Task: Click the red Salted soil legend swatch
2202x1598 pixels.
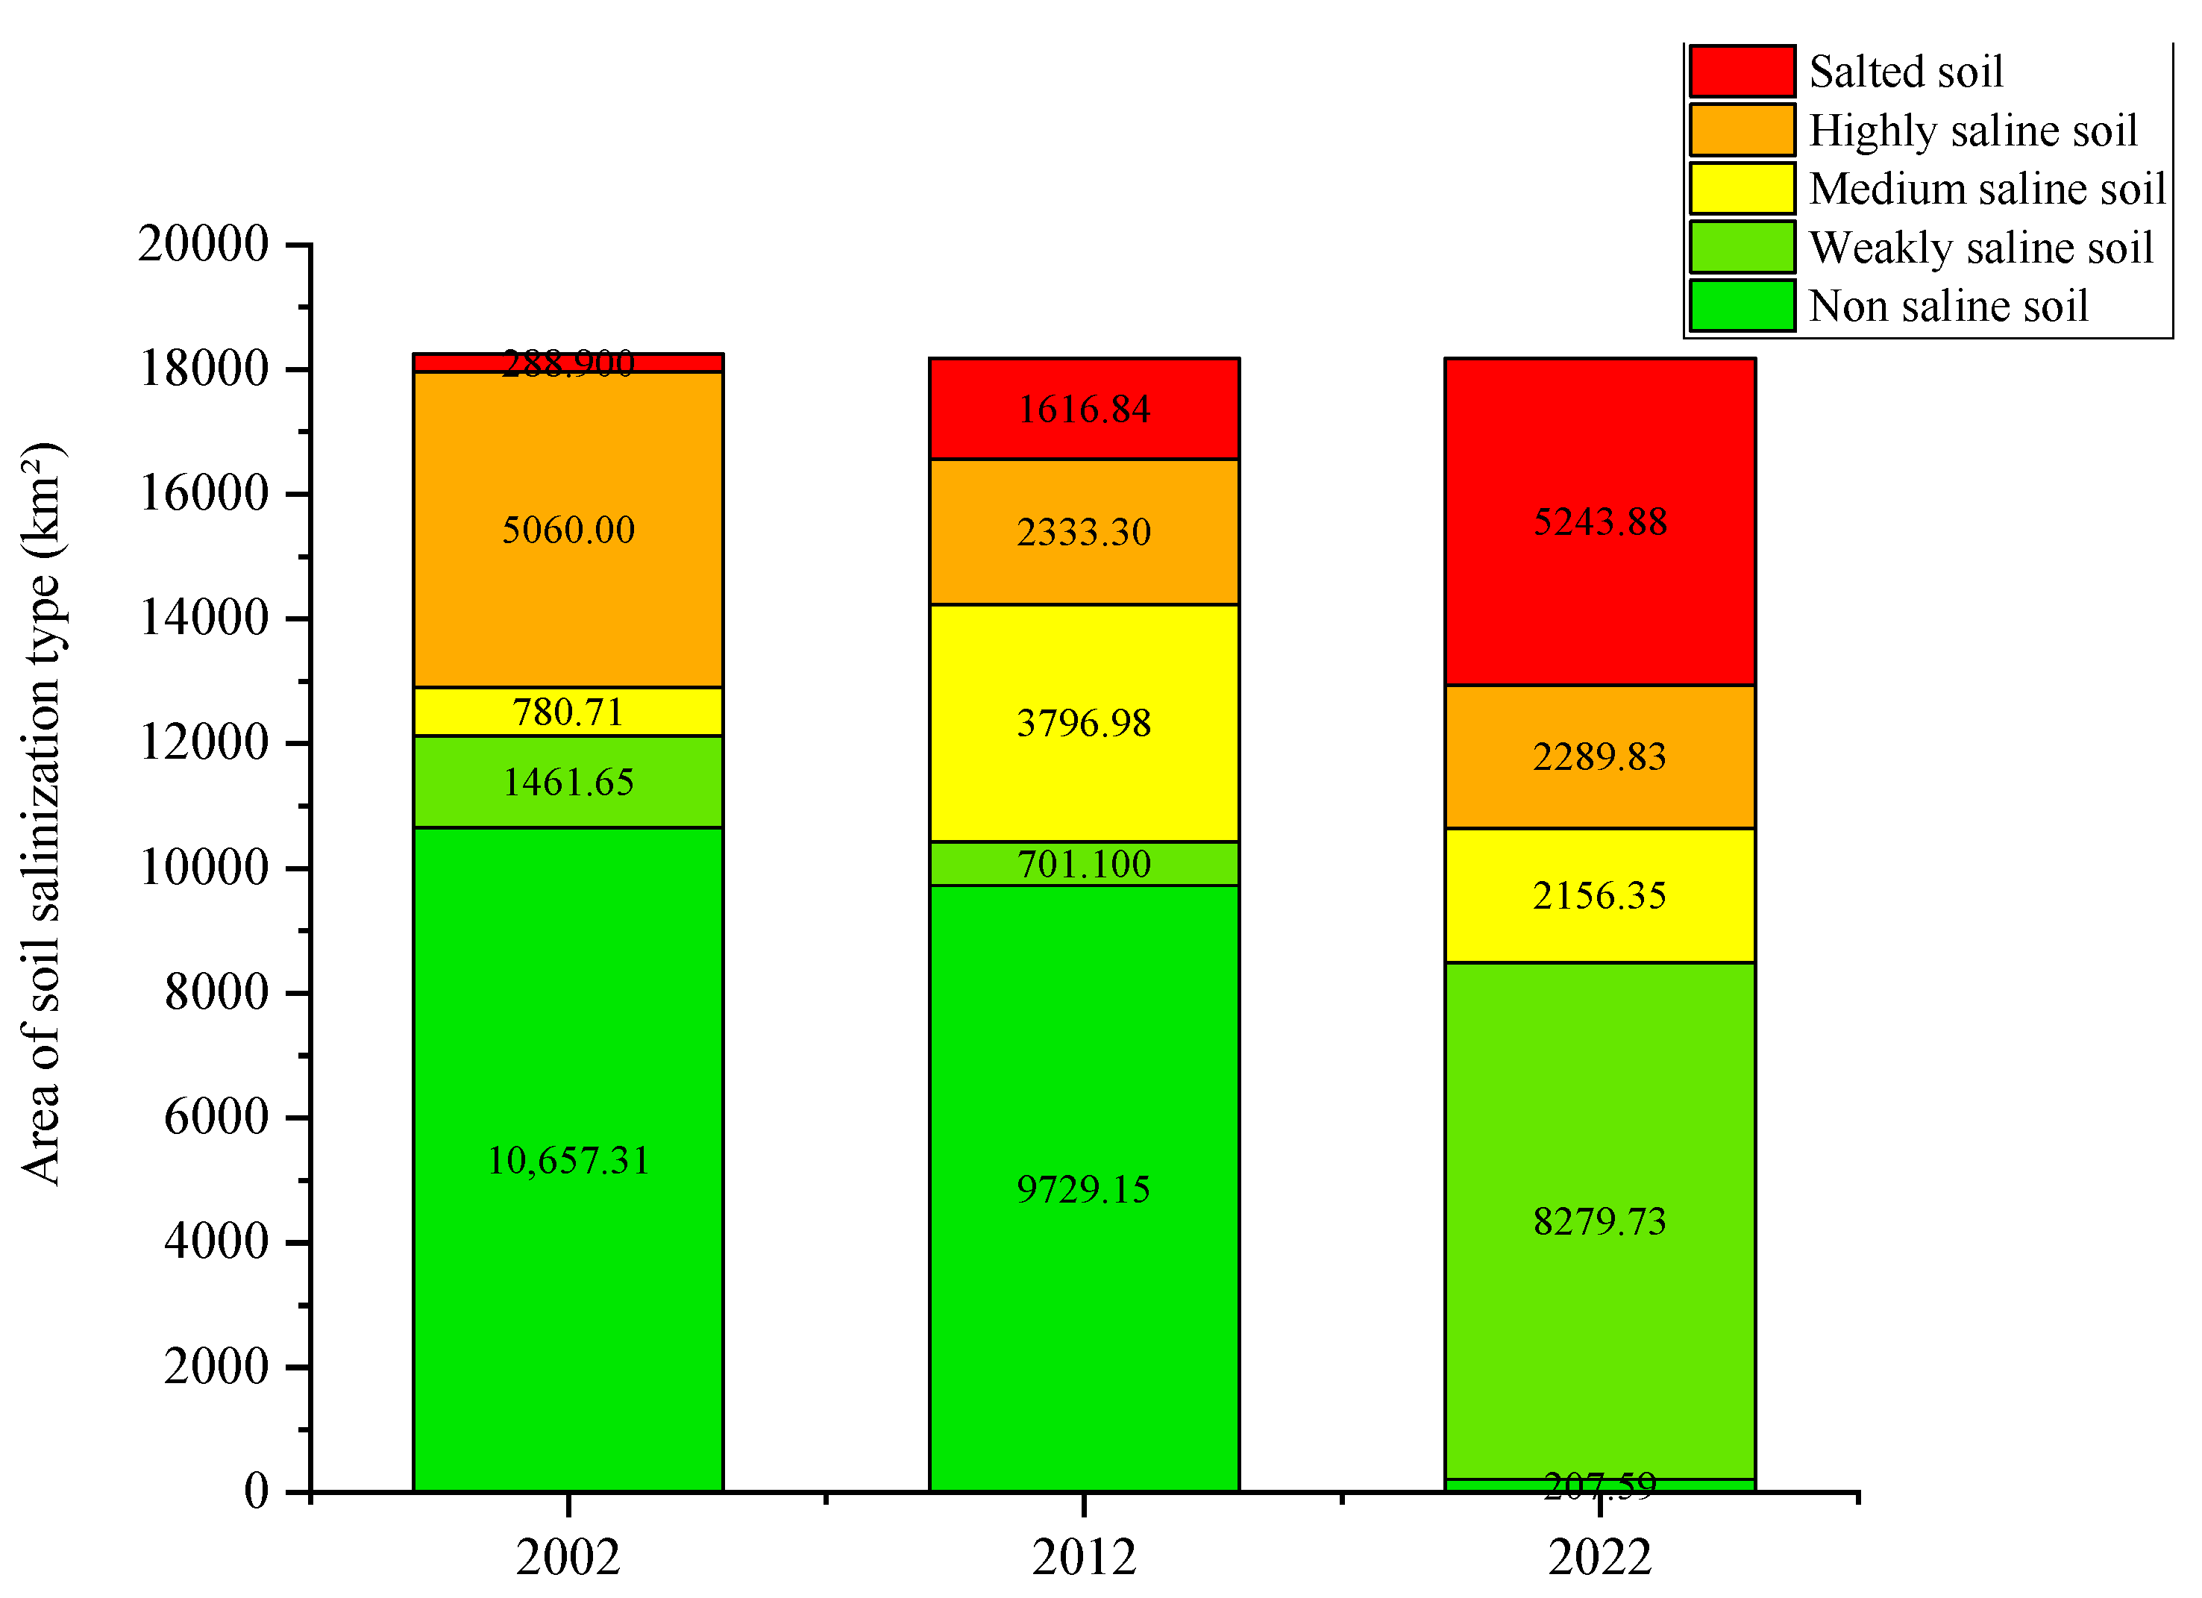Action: (1742, 71)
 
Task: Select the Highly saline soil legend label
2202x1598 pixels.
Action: (1973, 130)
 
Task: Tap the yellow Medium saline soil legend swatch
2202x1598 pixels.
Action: (1742, 188)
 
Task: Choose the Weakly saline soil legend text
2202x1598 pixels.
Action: (1980, 248)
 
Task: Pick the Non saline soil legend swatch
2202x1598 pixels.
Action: (1742, 306)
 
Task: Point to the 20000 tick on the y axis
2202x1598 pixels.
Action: (203, 244)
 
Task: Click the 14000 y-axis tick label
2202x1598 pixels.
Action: (204, 618)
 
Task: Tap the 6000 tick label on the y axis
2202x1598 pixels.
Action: (216, 1117)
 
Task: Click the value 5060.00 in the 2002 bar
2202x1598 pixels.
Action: (568, 530)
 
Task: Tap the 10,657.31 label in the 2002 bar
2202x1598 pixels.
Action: (568, 1160)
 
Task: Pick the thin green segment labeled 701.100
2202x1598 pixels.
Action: (1084, 864)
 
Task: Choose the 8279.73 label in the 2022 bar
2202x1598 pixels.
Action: (1600, 1221)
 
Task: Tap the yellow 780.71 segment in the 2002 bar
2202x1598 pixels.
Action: (568, 712)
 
